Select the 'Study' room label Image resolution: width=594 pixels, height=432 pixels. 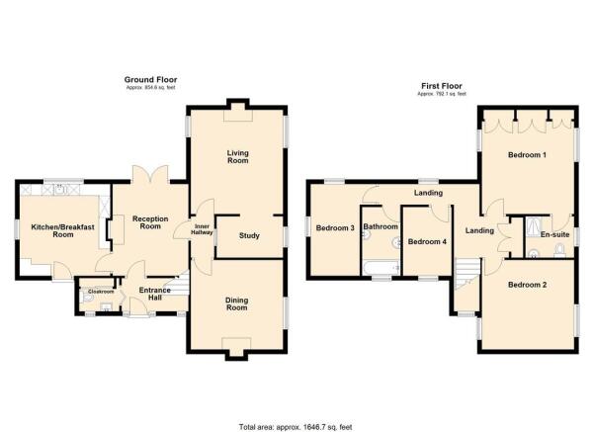(250, 235)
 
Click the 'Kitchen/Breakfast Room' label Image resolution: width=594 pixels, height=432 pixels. (51, 231)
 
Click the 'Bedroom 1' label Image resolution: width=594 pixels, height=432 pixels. (528, 156)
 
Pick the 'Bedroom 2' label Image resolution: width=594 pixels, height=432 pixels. (528, 286)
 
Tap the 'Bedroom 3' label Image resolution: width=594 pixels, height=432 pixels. (334, 228)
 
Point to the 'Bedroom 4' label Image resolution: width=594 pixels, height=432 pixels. (427, 241)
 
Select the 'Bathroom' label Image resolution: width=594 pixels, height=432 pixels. (380, 227)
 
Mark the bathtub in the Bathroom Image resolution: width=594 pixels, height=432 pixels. (380, 268)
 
